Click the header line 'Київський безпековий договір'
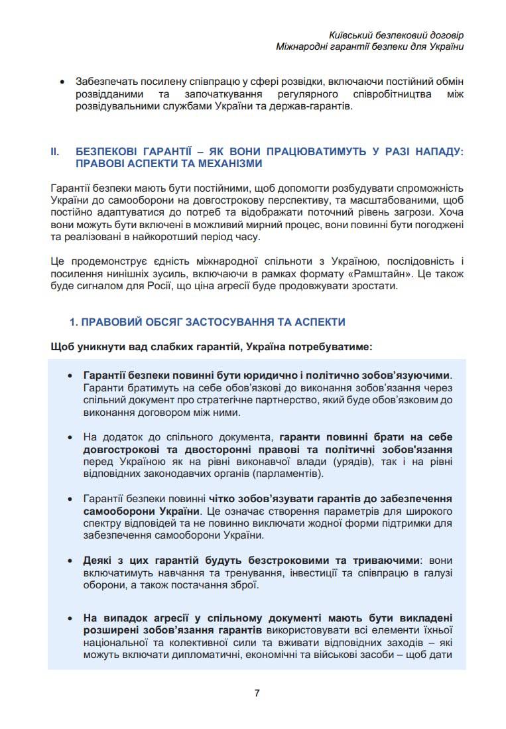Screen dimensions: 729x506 coord(396,34)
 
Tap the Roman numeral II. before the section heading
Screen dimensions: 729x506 coord(55,152)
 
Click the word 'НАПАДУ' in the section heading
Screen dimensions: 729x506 coord(440,152)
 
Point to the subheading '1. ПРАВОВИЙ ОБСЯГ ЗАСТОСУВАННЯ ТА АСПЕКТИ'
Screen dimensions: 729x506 coord(207,322)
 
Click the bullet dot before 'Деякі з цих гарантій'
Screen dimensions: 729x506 coord(70,561)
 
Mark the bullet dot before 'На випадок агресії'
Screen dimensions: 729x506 coord(70,618)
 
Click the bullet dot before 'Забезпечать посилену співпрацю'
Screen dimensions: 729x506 coord(62,82)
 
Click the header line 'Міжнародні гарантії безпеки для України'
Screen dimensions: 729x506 coord(369,46)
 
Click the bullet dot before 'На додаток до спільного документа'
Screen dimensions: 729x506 coord(70,437)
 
